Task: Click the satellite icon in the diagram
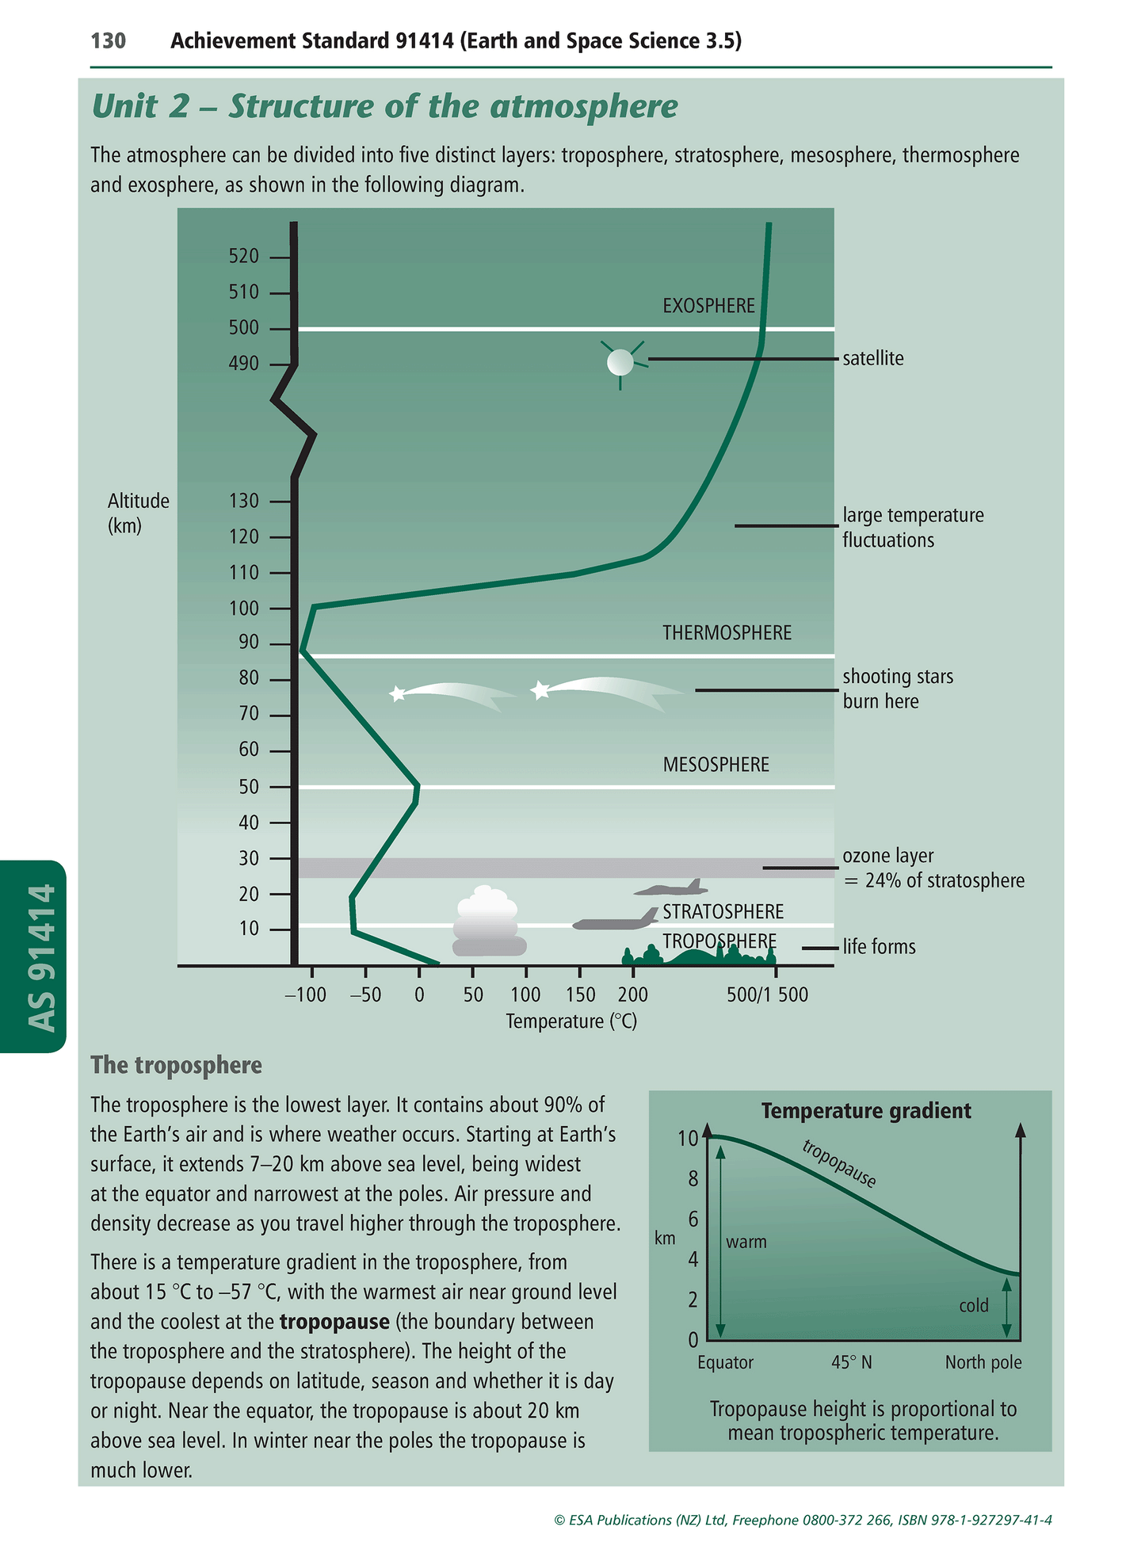(620, 362)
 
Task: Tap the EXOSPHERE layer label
(708, 306)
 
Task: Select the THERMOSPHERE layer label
(727, 632)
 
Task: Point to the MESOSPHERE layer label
(716, 765)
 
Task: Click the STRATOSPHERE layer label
(723, 911)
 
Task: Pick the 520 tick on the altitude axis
(244, 256)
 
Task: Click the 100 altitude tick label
(244, 609)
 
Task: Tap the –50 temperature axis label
(365, 994)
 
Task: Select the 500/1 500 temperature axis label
(767, 994)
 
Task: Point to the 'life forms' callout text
(879, 947)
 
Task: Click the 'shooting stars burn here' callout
(897, 689)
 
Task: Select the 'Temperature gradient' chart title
(865, 1111)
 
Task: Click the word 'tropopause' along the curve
(839, 1164)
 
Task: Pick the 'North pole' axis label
(983, 1362)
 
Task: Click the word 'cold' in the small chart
(973, 1305)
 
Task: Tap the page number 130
(109, 41)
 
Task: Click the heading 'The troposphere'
(176, 1065)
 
